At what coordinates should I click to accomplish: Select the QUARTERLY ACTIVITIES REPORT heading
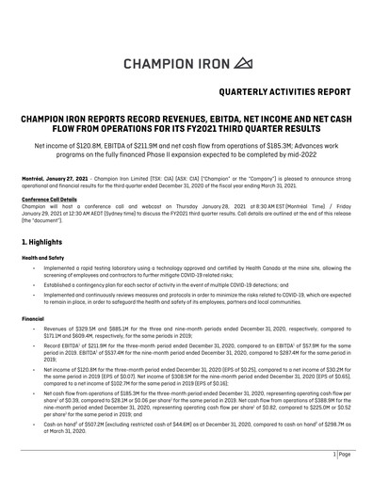point(288,95)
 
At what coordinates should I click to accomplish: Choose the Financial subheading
point(37,318)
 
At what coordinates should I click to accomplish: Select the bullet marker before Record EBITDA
point(35,348)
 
